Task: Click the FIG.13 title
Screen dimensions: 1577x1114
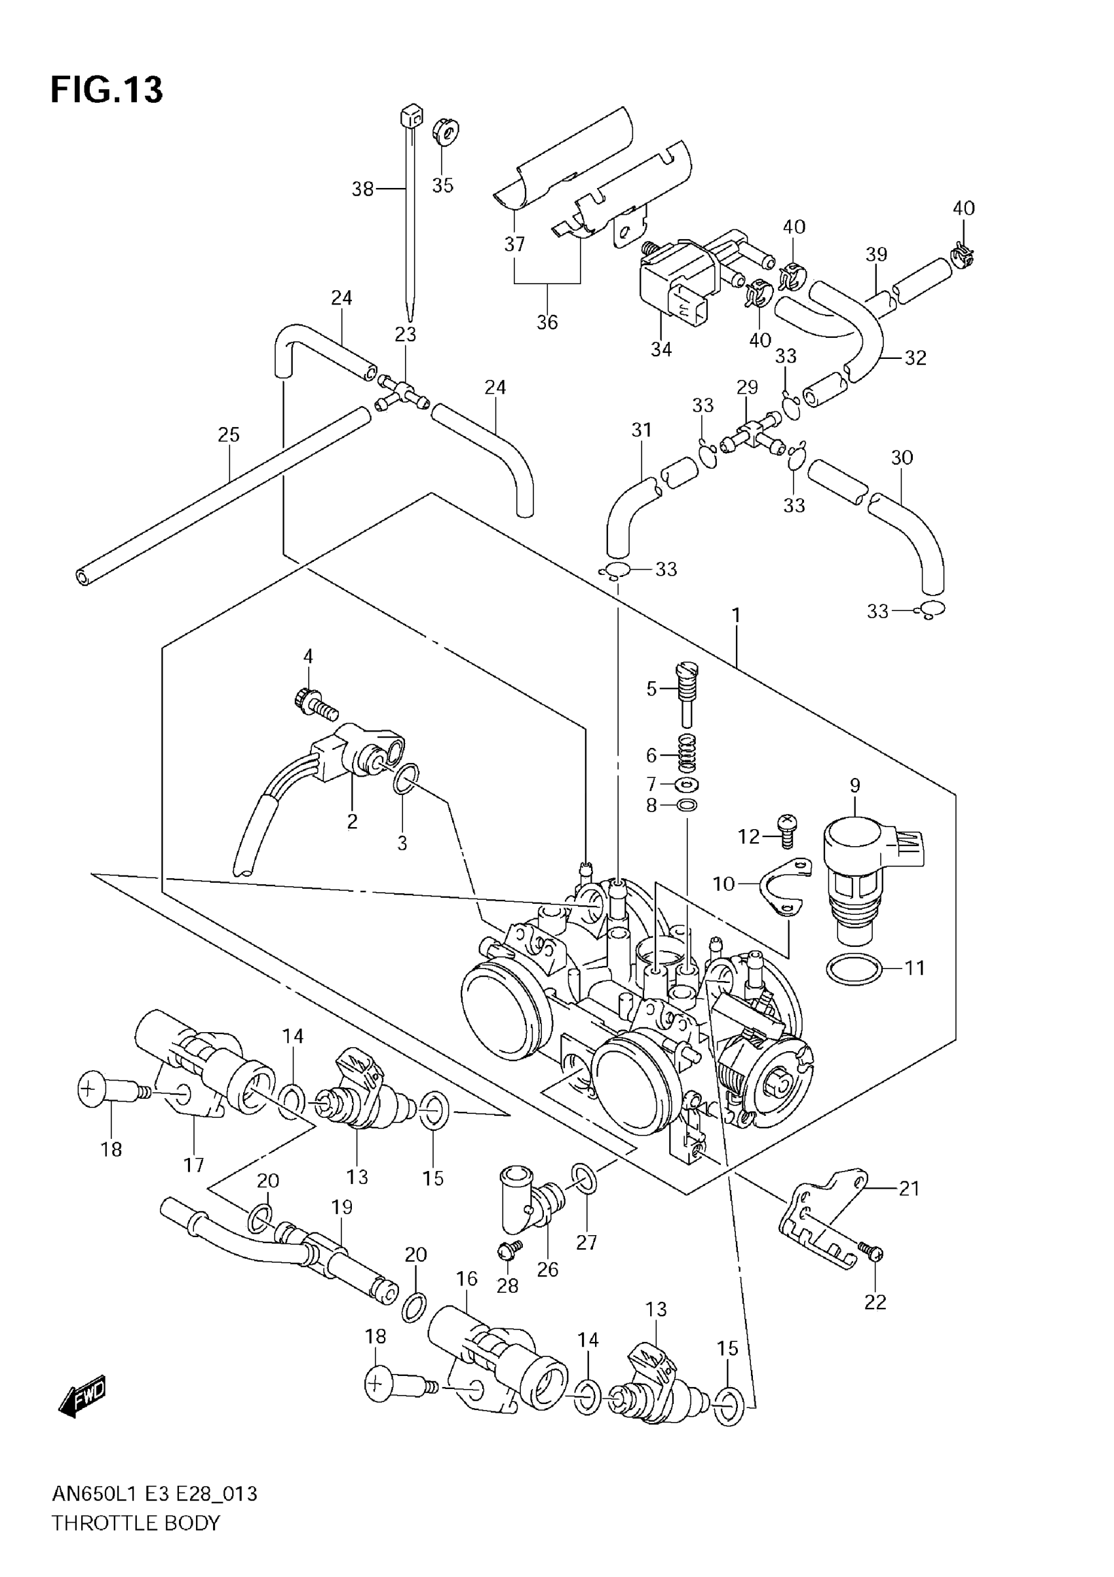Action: pyautogui.click(x=107, y=90)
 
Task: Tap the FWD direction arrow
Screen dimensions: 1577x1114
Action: pyautogui.click(x=83, y=1396)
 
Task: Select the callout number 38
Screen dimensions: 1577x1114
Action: pyautogui.click(x=362, y=188)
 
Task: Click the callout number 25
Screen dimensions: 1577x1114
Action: pyautogui.click(x=229, y=435)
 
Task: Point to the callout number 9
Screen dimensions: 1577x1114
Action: pyautogui.click(x=855, y=785)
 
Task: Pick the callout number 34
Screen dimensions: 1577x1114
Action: pyautogui.click(x=661, y=349)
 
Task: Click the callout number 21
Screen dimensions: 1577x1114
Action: pyautogui.click(x=909, y=1188)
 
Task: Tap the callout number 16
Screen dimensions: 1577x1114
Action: pyautogui.click(x=467, y=1278)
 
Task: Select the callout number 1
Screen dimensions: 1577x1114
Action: pyautogui.click(x=736, y=616)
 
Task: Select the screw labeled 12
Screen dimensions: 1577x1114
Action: pyautogui.click(x=787, y=826)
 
